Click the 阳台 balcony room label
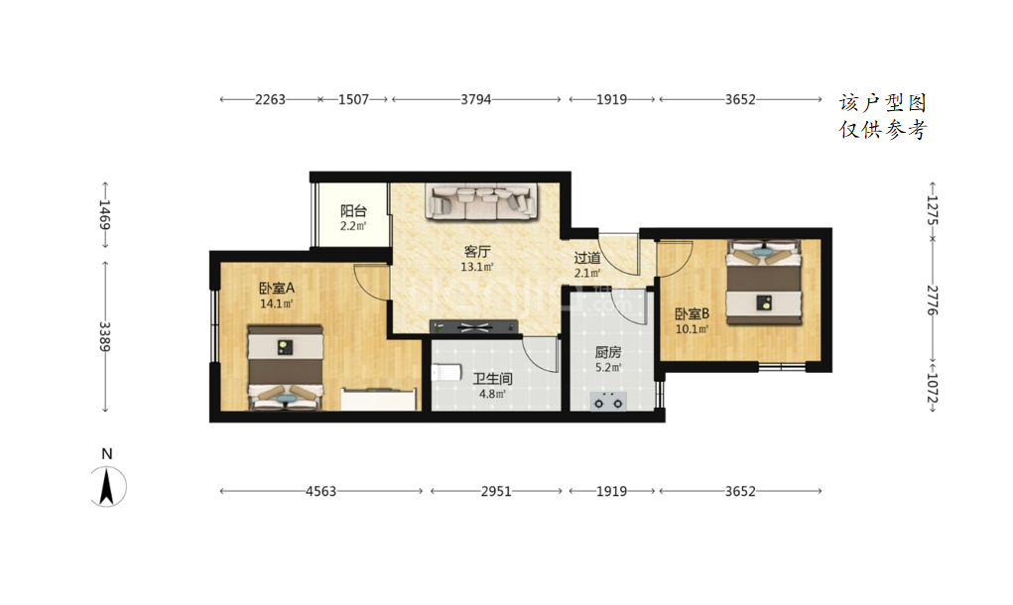tap(353, 211)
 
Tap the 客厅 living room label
tap(477, 252)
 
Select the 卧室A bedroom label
tap(277, 288)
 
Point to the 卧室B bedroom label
tap(692, 313)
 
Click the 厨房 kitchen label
tap(608, 352)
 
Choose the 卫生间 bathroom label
tap(492, 378)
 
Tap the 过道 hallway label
tap(587, 258)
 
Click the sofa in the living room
tap(481, 200)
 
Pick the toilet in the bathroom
tap(445, 373)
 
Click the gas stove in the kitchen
tap(608, 401)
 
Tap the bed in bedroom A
tap(285, 368)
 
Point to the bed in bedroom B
tap(764, 283)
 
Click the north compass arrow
tap(106, 486)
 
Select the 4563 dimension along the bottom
tap(321, 491)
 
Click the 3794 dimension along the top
tap(476, 99)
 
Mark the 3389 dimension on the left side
tap(104, 337)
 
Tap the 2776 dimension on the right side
tap(933, 301)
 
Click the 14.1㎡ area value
tap(277, 303)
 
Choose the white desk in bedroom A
tap(379, 399)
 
